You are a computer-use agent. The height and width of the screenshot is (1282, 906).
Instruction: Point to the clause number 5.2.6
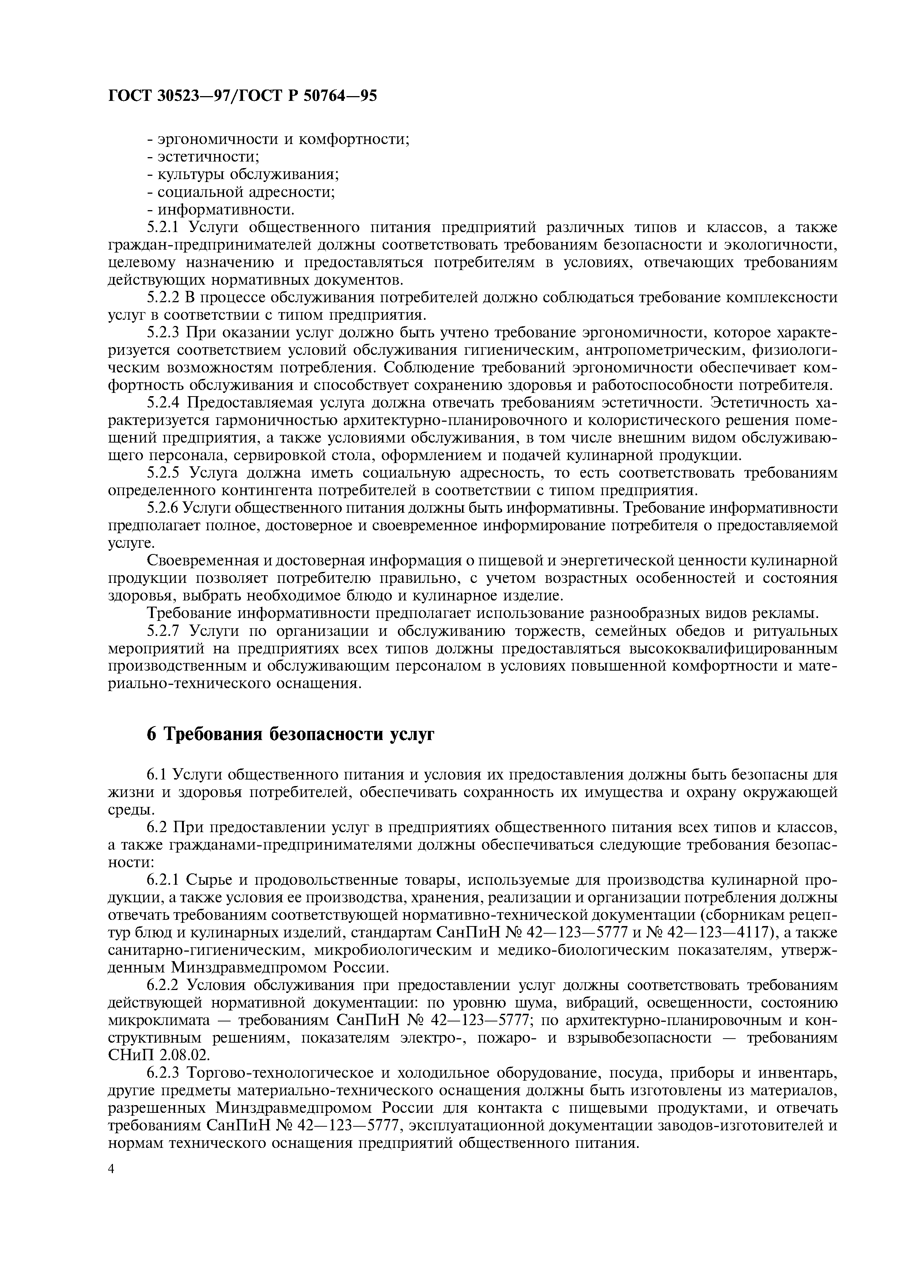coord(162,508)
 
